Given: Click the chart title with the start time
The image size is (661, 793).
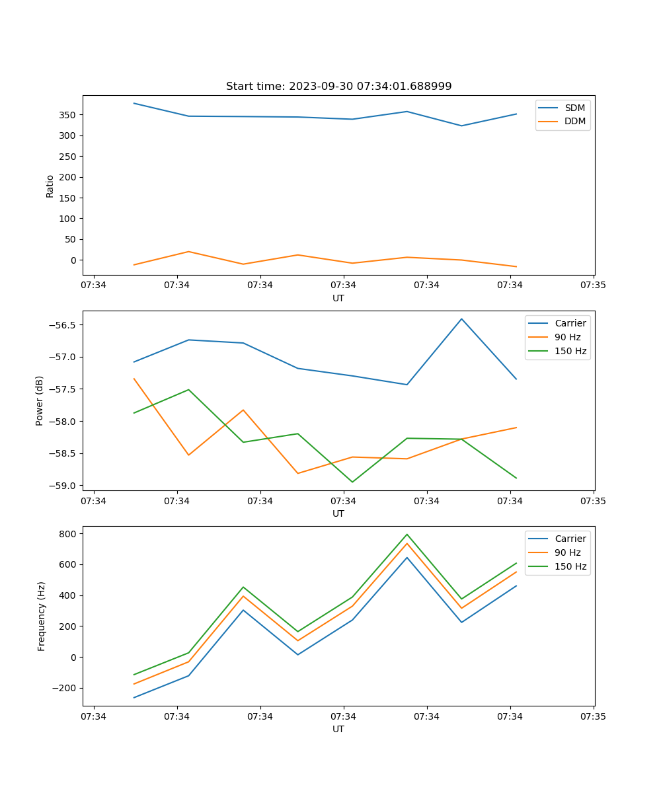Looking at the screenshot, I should (x=338, y=87).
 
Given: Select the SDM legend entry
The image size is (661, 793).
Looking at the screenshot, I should (x=574, y=108).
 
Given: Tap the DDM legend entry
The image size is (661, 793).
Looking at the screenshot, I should (x=574, y=121).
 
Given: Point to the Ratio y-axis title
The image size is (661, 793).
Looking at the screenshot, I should (x=50, y=186).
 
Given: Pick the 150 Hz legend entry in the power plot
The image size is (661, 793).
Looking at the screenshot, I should (x=570, y=351).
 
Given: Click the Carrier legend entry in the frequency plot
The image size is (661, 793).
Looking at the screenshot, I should (x=570, y=539).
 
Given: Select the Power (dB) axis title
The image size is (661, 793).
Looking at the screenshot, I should (x=40, y=400).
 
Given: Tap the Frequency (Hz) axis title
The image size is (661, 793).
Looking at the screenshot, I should (x=41, y=616).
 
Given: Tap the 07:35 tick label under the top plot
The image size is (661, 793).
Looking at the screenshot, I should (x=593, y=285).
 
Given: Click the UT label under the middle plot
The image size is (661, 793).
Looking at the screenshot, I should (x=338, y=513).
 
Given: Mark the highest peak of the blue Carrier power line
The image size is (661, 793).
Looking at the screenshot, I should (x=461, y=319).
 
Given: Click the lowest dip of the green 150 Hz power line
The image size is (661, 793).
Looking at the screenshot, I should (x=352, y=482).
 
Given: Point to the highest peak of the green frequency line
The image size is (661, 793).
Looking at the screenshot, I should (x=407, y=534).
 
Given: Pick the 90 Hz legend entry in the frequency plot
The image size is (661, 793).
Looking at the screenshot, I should (x=568, y=552).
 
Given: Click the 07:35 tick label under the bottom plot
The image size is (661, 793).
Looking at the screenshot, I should (x=593, y=716).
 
